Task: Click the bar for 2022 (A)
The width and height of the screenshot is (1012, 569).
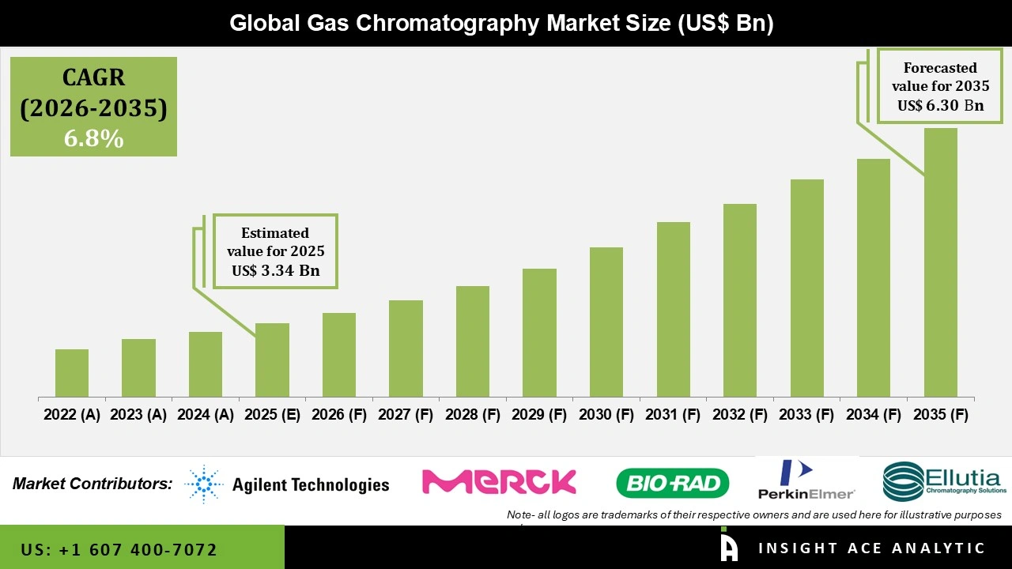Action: (x=72, y=373)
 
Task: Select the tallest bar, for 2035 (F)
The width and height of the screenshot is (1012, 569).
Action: (x=940, y=262)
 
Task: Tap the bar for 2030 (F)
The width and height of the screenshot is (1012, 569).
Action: (x=606, y=322)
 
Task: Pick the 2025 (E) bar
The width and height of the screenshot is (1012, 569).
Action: (x=272, y=360)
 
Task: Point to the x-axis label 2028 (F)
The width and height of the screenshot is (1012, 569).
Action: (x=472, y=415)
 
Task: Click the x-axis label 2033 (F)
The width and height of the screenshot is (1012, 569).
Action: (x=806, y=415)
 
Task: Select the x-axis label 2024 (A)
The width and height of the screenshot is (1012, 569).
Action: (x=205, y=415)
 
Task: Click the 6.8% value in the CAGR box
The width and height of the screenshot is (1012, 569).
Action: (x=93, y=139)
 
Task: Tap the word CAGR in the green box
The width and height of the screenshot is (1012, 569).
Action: (x=93, y=77)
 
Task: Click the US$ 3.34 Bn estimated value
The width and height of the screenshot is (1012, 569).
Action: (x=275, y=271)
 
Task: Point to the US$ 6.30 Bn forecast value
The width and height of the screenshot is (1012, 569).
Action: (x=940, y=105)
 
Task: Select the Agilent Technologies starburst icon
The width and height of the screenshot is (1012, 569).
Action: (x=204, y=484)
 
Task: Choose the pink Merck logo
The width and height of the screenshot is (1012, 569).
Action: (x=499, y=482)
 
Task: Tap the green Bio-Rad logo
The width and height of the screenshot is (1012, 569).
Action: (x=672, y=483)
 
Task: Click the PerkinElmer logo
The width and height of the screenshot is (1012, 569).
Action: (x=806, y=480)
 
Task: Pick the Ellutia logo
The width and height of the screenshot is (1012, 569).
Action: (x=944, y=481)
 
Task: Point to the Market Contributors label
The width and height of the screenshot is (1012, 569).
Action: (x=93, y=483)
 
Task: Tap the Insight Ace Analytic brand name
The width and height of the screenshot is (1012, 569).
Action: (x=871, y=548)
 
